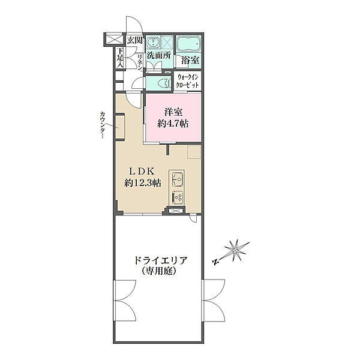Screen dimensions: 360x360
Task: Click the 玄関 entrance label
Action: pos(135,40)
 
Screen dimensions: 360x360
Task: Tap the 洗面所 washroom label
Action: pos(159,55)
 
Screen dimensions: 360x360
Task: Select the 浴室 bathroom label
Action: pos(190,60)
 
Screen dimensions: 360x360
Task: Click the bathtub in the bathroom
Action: pos(188,44)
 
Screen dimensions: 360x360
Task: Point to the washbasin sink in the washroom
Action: pos(152,43)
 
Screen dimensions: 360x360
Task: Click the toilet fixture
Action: pos(165,83)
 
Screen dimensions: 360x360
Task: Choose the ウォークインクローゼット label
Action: pos(187,81)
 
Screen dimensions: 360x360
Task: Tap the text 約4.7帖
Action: pos(173,124)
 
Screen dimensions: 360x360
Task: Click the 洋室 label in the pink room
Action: pos(173,112)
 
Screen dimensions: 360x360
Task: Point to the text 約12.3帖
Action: pos(143,183)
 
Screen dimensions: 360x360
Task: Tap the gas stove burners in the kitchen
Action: pos(176,197)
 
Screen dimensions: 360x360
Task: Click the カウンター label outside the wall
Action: pos(102,125)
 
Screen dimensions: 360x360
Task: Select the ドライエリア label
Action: pos(161,260)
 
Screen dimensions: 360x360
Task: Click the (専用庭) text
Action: pos(159,272)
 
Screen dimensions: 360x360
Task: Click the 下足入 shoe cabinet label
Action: pos(121,58)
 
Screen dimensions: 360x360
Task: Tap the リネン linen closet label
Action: pos(140,62)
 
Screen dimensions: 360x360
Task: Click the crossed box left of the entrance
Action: pos(113,39)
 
